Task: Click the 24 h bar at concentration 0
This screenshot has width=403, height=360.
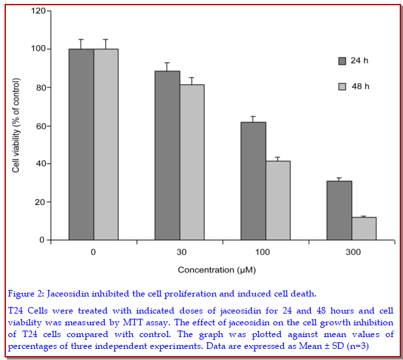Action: [x=81, y=144]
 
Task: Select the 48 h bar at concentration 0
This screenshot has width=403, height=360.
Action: [x=106, y=144]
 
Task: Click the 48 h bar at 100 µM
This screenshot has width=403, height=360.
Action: [x=278, y=200]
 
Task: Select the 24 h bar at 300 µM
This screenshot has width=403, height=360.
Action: [x=340, y=210]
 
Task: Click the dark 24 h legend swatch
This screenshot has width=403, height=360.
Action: [x=342, y=61]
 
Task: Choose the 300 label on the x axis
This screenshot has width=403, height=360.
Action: [x=351, y=252]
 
